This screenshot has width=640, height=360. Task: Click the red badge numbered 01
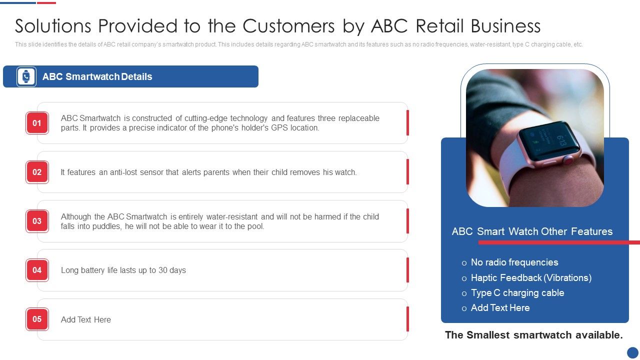(x=37, y=123)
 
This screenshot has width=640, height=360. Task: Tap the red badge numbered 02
(x=37, y=172)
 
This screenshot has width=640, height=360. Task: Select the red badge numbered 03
(x=37, y=221)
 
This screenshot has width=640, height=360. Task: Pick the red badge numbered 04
(x=37, y=270)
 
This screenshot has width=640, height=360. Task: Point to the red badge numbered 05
(x=37, y=319)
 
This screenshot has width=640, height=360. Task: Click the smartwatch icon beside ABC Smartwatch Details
(x=26, y=76)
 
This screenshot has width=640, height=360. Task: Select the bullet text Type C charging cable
(x=517, y=293)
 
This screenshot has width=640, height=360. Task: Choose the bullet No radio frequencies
(x=514, y=262)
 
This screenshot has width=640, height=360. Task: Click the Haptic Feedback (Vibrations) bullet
(x=531, y=278)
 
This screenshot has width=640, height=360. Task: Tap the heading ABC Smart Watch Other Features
(x=532, y=231)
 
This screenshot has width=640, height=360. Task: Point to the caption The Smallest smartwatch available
(x=534, y=335)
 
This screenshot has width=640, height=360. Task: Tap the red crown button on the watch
(x=568, y=160)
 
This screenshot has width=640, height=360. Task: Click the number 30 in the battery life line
(x=163, y=270)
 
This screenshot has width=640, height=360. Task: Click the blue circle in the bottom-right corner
(x=633, y=353)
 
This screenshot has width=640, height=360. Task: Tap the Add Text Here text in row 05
(x=86, y=319)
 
